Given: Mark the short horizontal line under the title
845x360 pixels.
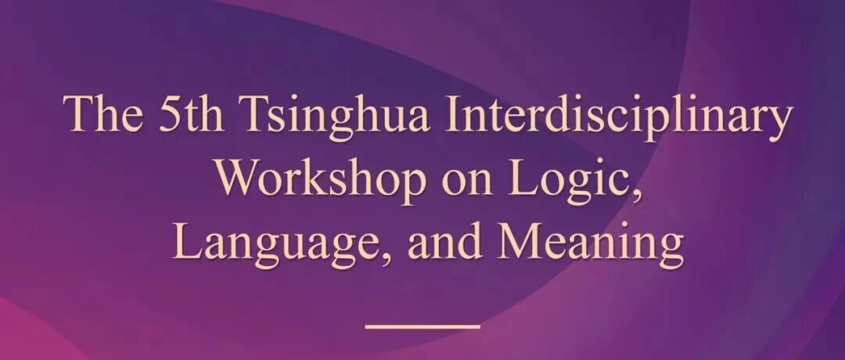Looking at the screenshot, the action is coord(422,326).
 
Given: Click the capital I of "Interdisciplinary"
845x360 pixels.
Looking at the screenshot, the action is coord(455,114).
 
